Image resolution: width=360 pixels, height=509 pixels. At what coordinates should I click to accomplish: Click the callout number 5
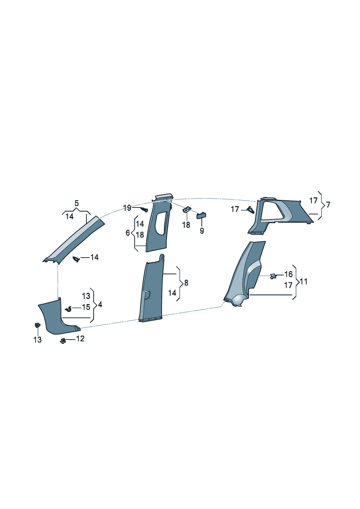[76, 203]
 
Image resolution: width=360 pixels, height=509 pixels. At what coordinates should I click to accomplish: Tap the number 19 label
[127, 208]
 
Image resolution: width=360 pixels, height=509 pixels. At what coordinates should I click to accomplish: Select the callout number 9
[202, 231]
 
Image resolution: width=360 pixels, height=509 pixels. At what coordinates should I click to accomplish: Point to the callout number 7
[327, 205]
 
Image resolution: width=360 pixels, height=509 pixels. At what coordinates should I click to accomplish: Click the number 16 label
[289, 274]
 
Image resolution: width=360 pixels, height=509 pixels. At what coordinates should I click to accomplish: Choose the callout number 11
[303, 282]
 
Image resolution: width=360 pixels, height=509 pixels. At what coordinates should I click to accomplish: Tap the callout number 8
[186, 283]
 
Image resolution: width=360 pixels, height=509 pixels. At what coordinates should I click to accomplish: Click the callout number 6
[128, 233]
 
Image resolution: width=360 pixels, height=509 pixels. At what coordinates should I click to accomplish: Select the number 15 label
[86, 307]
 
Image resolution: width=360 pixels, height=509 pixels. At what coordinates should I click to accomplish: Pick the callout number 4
[100, 305]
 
